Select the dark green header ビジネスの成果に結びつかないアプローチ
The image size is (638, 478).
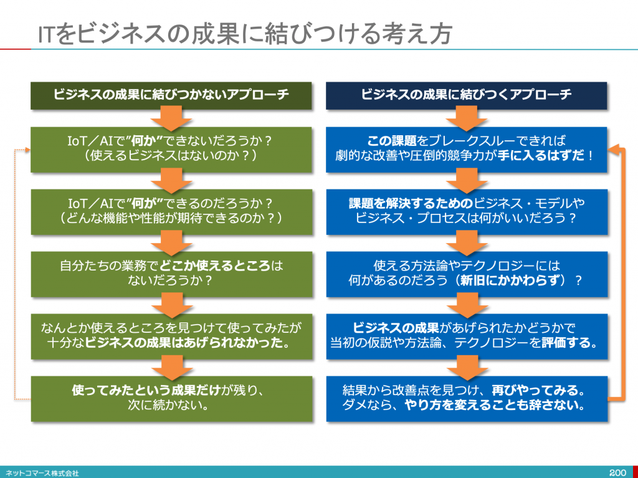point(171,95)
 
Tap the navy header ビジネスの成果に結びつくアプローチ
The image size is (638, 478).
point(466,95)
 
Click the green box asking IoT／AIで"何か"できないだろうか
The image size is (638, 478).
point(171,150)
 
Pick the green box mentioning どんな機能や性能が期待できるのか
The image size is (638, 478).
point(171,211)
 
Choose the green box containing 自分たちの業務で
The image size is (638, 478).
point(171,273)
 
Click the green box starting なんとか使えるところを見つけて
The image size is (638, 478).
point(171,336)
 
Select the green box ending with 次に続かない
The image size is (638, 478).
point(171,398)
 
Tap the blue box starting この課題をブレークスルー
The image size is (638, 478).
point(466,150)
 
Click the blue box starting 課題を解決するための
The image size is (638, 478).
point(466,211)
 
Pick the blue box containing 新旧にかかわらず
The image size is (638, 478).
point(466,273)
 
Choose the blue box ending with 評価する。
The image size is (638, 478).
point(466,336)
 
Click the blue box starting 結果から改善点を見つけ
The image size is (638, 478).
point(466,398)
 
